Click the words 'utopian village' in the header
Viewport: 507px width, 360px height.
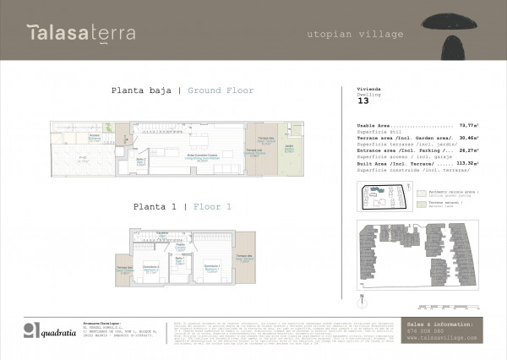coord(356,34)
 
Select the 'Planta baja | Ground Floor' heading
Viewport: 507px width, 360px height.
coord(182,90)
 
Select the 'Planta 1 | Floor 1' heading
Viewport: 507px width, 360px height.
coord(182,205)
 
